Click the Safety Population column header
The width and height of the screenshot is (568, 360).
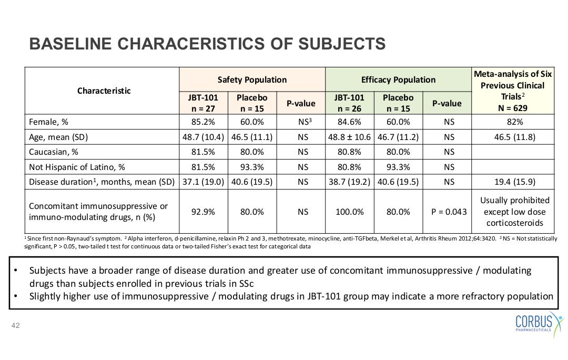coord(252,80)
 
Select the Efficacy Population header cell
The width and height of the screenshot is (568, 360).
coord(399,80)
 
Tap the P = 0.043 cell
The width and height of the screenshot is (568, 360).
coord(449,212)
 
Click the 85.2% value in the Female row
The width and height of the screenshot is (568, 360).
coord(203,122)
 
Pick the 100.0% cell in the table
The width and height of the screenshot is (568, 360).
coord(350,212)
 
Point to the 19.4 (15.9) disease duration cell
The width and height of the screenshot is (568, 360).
coord(515,182)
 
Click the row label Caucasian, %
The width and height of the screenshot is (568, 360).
coord(54,152)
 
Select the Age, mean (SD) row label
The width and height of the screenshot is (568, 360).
coord(58,137)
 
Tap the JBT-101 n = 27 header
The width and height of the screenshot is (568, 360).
coord(203,103)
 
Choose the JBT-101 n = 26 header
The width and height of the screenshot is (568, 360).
coord(350,103)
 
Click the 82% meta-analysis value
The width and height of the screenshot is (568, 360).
coord(515,122)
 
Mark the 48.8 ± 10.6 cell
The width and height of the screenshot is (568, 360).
coord(350,137)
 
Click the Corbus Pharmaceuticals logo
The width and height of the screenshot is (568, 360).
coord(540,323)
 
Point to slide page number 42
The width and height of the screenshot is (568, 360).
coord(16,326)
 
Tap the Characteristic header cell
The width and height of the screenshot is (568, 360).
coord(104,91)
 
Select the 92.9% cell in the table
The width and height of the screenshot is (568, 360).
coord(203,212)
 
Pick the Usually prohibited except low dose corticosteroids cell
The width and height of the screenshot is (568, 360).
coord(515,212)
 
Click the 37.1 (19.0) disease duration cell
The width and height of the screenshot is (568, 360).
coord(203,182)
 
